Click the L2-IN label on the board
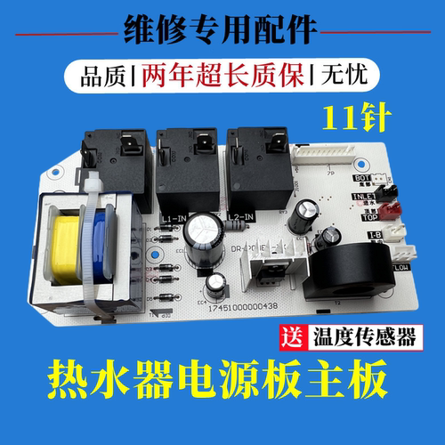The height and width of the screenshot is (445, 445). point(235,216)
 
